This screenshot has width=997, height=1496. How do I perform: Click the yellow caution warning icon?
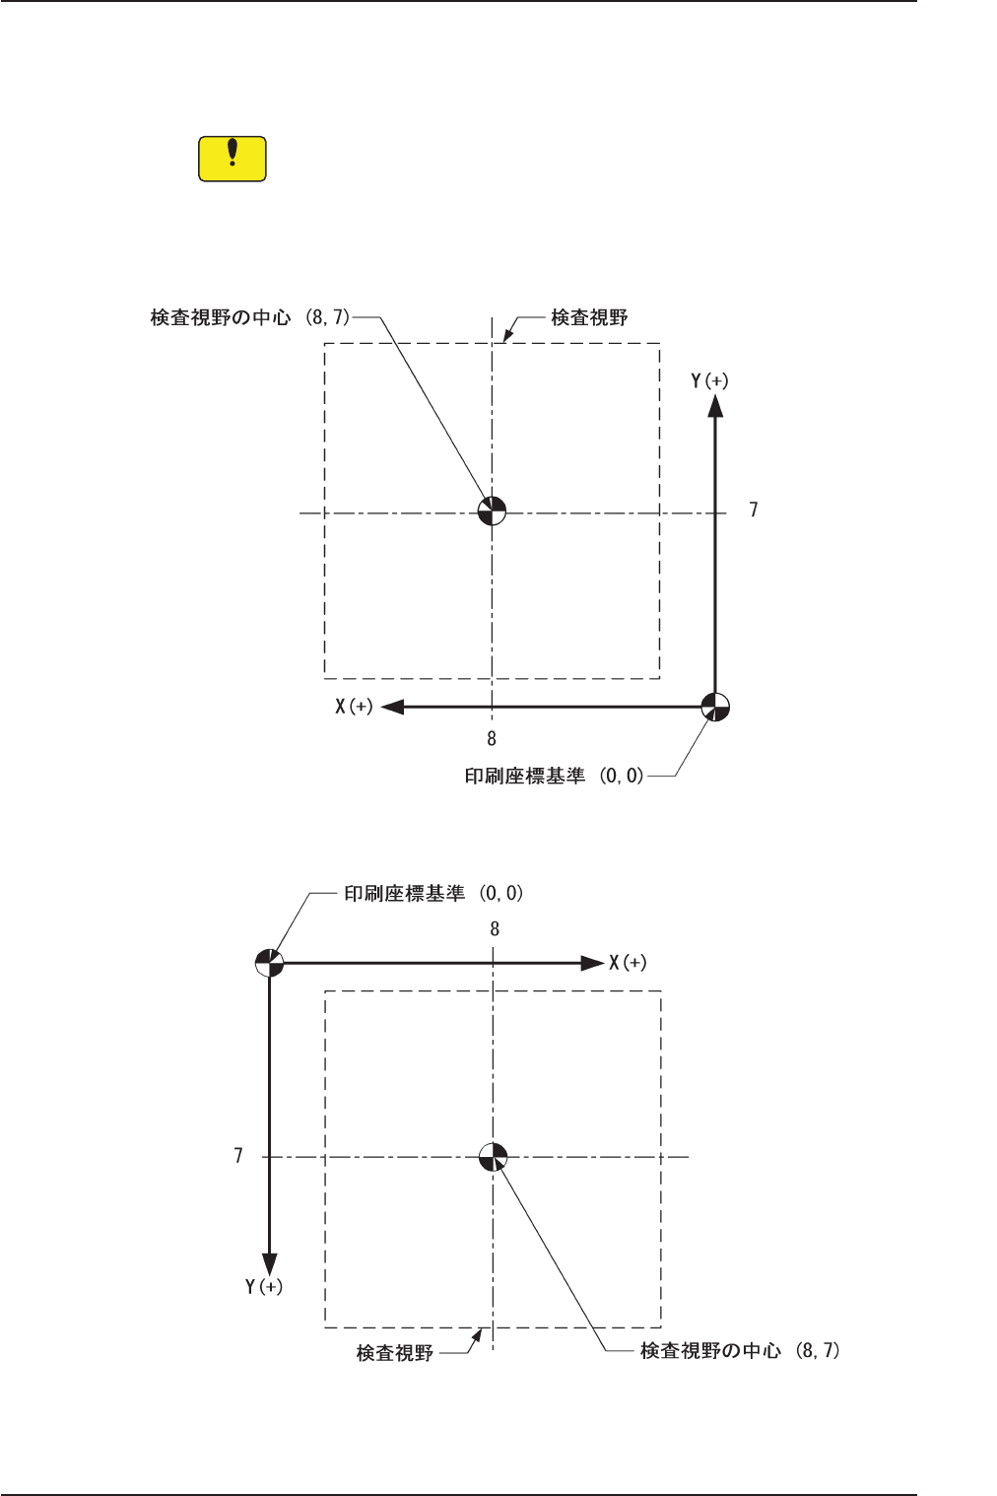tap(233, 159)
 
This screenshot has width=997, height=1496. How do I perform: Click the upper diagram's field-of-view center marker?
tap(492, 510)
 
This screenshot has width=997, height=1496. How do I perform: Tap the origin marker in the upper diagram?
tap(715, 707)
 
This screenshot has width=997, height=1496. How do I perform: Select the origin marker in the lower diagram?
tap(269, 962)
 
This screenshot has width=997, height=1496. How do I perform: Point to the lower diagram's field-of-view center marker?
tap(493, 1156)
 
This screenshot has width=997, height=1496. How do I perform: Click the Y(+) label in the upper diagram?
tap(709, 380)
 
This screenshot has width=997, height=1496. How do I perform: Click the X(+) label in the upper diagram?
tap(354, 707)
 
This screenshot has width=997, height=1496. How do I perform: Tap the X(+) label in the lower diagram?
tap(628, 963)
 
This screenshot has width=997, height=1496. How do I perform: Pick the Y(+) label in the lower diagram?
tap(264, 1286)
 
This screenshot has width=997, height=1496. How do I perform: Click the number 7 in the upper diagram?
tap(754, 510)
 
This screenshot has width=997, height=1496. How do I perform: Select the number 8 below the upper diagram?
tap(492, 738)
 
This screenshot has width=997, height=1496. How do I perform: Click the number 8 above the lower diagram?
tap(495, 928)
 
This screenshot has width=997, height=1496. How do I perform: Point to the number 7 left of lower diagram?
tap(238, 1155)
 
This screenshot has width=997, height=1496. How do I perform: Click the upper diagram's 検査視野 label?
tap(589, 317)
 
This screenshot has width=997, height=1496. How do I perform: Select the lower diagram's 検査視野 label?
tap(395, 1353)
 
